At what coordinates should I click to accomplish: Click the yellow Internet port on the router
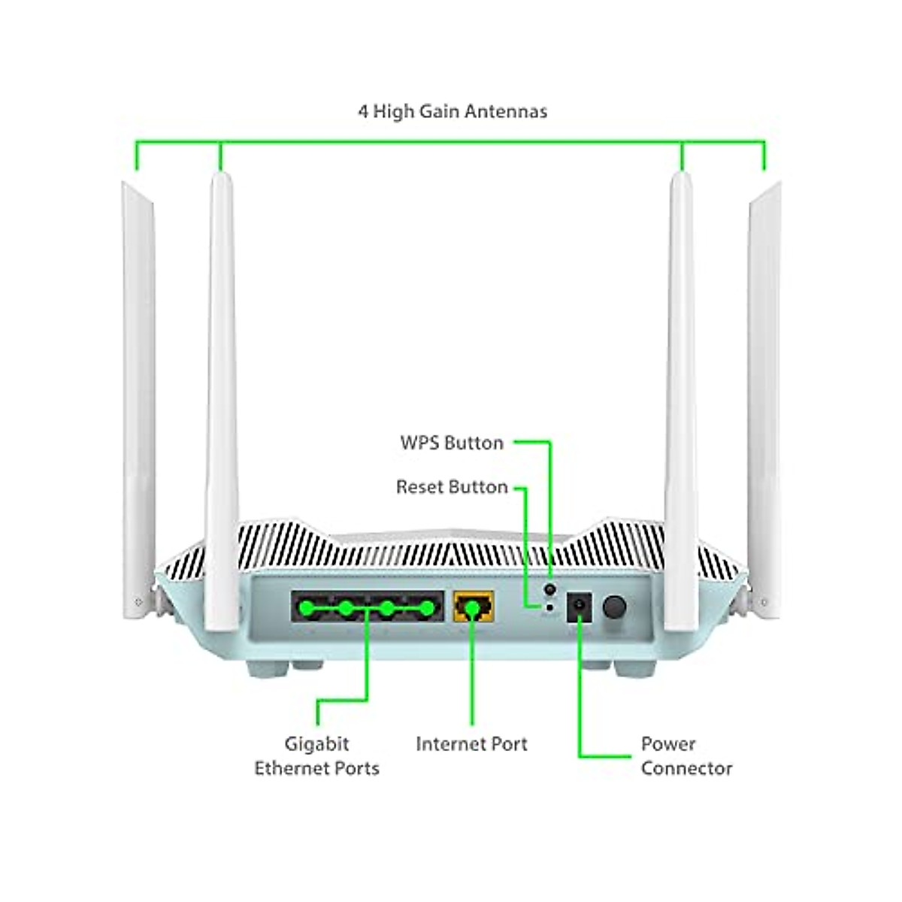(474, 606)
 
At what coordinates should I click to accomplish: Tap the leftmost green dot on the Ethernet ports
(305, 607)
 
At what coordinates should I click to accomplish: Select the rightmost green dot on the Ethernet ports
(427, 607)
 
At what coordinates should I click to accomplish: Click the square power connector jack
(579, 607)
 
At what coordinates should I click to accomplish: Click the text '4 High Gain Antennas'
(452, 111)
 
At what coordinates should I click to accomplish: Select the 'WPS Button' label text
(452, 443)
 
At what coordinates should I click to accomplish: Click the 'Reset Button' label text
(452, 487)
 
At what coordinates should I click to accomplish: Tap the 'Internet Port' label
(471, 743)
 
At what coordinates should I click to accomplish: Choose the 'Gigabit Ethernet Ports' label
(316, 755)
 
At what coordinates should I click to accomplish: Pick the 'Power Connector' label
(686, 755)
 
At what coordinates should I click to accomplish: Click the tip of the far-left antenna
(129, 185)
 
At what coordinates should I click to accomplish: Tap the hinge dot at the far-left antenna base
(138, 602)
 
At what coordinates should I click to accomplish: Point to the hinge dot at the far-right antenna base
(764, 602)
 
